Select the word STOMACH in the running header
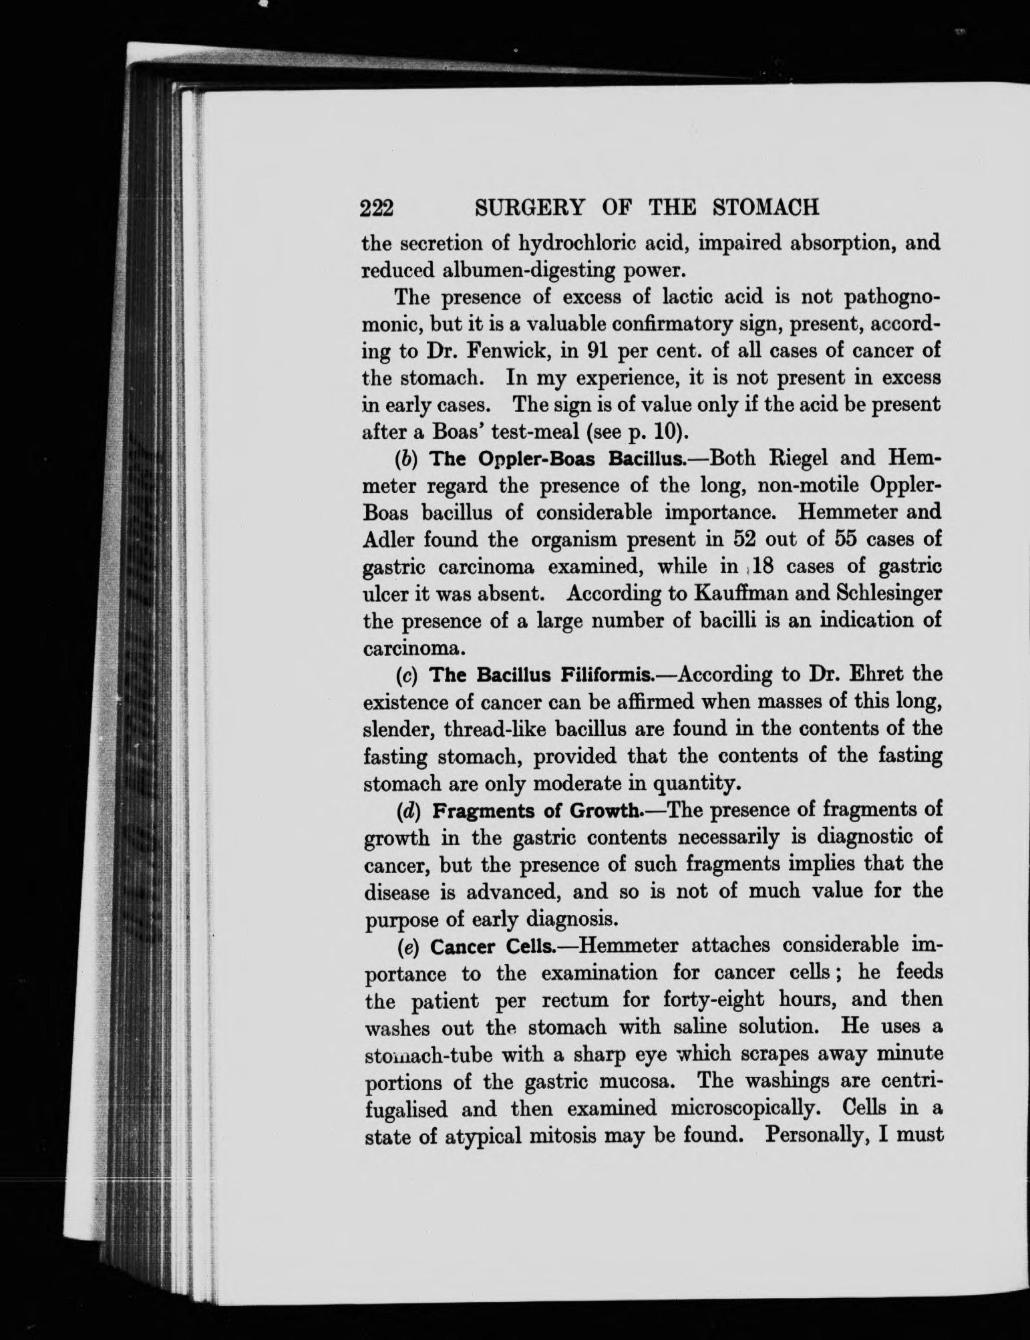tap(766, 208)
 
